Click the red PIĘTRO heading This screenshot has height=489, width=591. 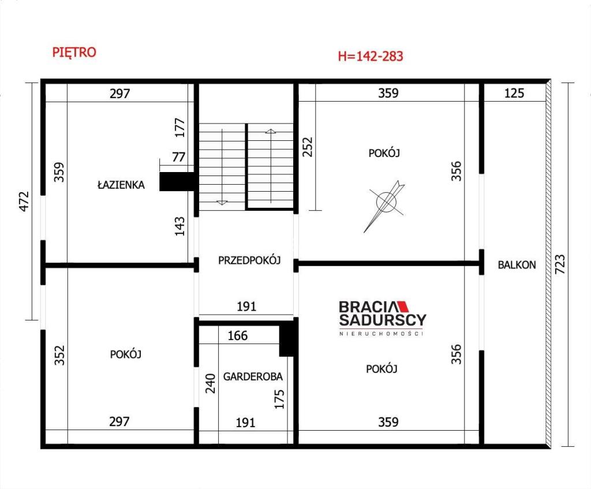pyautogui.click(x=74, y=52)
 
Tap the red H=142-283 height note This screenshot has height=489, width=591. pyautogui.click(x=371, y=56)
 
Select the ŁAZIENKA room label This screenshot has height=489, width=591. pyautogui.click(x=121, y=185)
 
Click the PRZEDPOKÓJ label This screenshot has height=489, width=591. pyautogui.click(x=249, y=260)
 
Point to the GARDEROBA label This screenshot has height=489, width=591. pyautogui.click(x=253, y=376)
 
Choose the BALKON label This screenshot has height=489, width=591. pyautogui.click(x=517, y=265)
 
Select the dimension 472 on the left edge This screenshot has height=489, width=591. pyautogui.click(x=24, y=201)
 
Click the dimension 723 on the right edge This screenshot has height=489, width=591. pyautogui.click(x=560, y=264)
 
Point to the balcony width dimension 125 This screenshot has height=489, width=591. pyautogui.click(x=514, y=93)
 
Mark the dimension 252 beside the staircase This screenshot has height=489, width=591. pyautogui.click(x=308, y=147)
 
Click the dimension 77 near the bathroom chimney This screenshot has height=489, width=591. pyautogui.click(x=179, y=157)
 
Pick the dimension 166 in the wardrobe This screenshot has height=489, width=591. pyautogui.click(x=237, y=335)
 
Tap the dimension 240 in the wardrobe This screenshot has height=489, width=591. pyautogui.click(x=210, y=383)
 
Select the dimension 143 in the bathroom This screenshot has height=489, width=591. pyautogui.click(x=180, y=226)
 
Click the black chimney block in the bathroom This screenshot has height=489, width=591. pyautogui.click(x=177, y=182)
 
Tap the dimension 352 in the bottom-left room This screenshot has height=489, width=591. pyautogui.click(x=59, y=356)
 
